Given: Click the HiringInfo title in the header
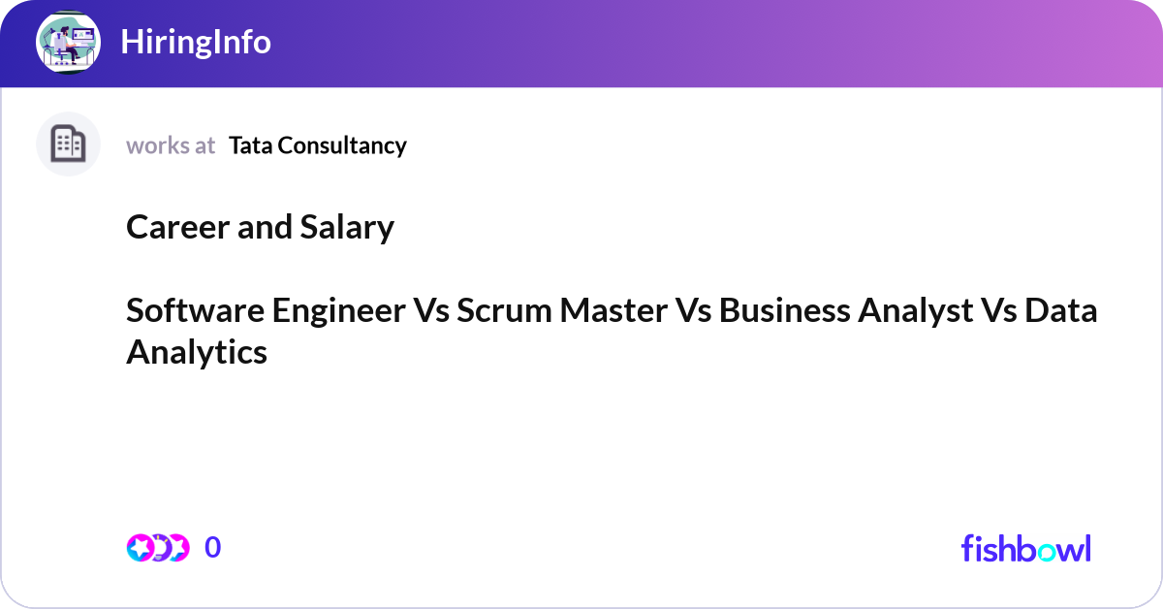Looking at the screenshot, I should click(x=196, y=43).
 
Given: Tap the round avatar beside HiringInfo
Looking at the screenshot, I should click(x=69, y=43).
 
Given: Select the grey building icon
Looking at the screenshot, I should click(x=69, y=144).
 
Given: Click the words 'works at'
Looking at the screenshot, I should click(x=171, y=145).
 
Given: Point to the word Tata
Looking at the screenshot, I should click(x=249, y=145).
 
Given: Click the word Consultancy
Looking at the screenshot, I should click(x=340, y=145).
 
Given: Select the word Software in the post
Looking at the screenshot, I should click(x=195, y=310).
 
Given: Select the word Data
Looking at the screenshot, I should click(x=1061, y=310).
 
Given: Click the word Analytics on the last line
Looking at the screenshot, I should click(x=197, y=352).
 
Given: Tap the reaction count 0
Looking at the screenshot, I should click(x=213, y=548).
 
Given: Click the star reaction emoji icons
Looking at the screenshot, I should click(x=157, y=548).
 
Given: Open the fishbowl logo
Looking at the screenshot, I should click(x=1025, y=548).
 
